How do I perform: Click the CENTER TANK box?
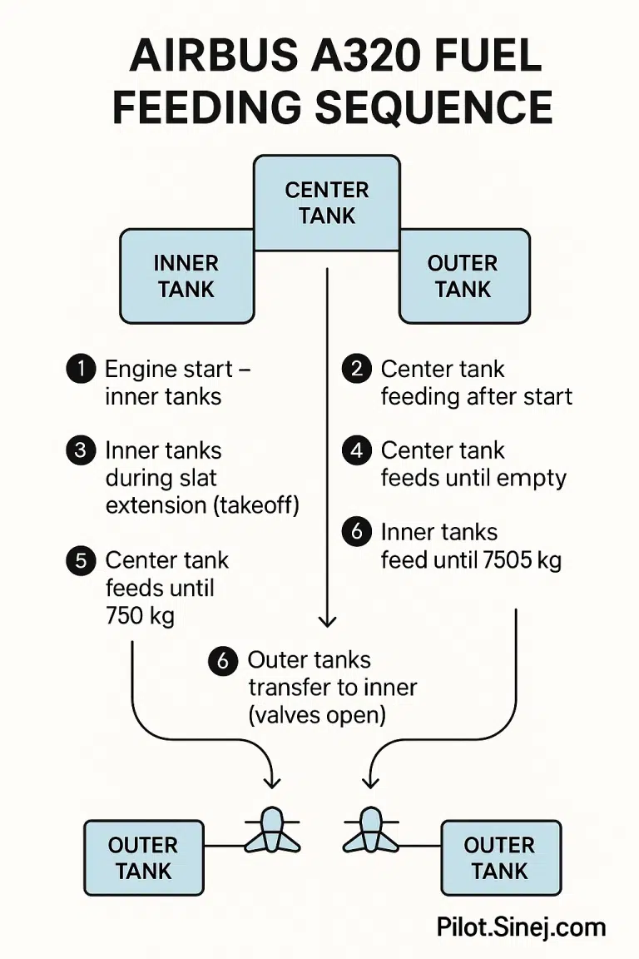click(x=327, y=202)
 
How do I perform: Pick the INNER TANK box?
click(x=186, y=276)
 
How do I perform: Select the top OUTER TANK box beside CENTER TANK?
click(x=463, y=276)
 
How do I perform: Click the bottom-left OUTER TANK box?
click(x=144, y=857)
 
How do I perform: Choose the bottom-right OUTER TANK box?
click(x=500, y=857)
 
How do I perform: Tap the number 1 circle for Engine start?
click(x=81, y=369)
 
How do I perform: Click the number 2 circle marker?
click(x=357, y=369)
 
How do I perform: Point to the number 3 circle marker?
click(x=81, y=450)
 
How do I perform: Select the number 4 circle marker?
click(x=357, y=450)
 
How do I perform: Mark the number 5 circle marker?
click(x=81, y=560)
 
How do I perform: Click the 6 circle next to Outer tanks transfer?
click(x=222, y=661)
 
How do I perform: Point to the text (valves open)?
click(x=317, y=715)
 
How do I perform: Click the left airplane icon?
click(x=272, y=830)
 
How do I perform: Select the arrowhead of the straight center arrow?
click(x=327, y=620)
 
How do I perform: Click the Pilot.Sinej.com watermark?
click(x=522, y=927)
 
